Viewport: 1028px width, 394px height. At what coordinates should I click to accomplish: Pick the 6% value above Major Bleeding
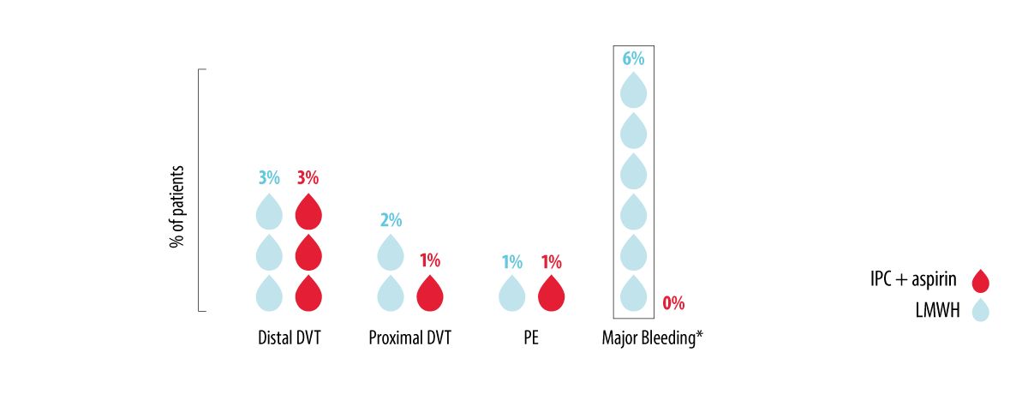(x=633, y=58)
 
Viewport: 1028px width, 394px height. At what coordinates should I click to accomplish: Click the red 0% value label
(x=673, y=302)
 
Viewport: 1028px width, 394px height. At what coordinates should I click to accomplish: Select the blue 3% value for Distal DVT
(x=269, y=178)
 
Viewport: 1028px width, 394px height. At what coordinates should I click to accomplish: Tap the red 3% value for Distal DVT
(x=308, y=178)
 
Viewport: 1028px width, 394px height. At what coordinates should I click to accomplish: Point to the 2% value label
(x=391, y=219)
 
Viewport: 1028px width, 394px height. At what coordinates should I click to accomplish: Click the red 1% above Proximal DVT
(x=429, y=260)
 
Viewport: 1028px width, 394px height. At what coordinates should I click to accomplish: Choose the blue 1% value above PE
(x=511, y=261)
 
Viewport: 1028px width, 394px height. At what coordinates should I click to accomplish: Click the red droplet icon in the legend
(x=980, y=281)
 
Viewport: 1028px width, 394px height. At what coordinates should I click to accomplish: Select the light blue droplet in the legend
(x=980, y=309)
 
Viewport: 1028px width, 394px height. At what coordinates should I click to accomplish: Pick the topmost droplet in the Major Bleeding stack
(x=633, y=89)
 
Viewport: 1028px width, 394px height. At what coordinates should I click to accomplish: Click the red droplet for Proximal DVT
(x=429, y=294)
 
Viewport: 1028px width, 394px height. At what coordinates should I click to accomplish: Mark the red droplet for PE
(x=551, y=294)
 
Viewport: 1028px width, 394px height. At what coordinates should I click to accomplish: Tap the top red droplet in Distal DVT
(x=308, y=212)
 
